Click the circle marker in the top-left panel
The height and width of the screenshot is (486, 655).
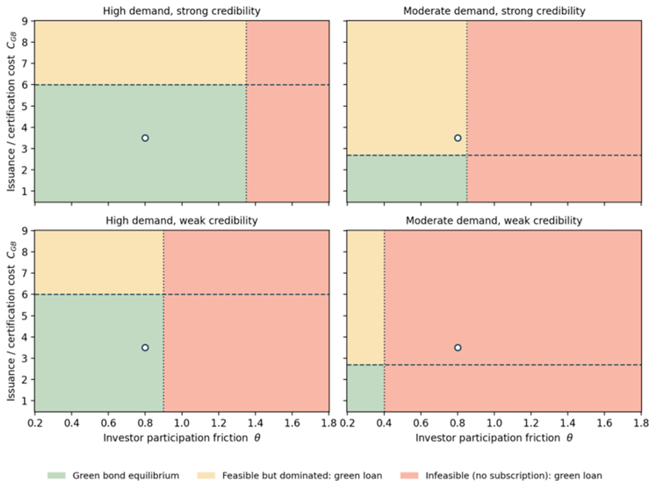145,138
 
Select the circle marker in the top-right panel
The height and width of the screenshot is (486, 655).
457,138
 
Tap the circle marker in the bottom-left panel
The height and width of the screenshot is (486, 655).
145,347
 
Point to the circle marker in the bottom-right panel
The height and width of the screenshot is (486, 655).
457,347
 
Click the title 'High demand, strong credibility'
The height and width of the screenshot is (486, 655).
182,11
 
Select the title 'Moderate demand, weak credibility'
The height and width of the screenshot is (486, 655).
494,221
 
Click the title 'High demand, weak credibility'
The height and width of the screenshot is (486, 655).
182,221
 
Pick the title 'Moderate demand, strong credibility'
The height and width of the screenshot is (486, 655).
494,11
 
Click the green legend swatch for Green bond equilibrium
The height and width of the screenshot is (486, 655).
56,475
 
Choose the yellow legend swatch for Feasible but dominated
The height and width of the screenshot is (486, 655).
206,475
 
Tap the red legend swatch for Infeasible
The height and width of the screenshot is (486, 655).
409,475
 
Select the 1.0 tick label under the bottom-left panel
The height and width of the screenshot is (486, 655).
182,423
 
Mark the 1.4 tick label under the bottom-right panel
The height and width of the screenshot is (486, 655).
568,423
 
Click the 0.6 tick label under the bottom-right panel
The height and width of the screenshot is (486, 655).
421,423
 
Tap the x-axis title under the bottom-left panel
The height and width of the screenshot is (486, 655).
182,438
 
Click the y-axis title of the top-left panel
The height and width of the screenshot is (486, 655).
11,111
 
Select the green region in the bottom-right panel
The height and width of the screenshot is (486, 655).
366,388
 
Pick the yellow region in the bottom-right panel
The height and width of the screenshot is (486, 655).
366,297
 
